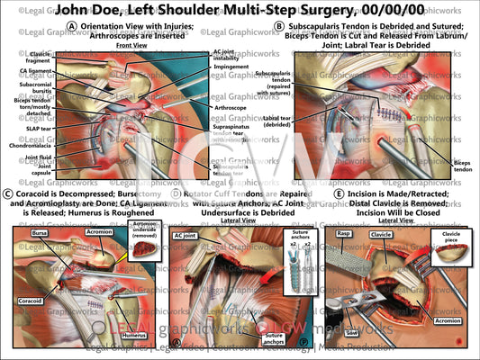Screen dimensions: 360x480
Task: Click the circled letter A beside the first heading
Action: click(x=71, y=26)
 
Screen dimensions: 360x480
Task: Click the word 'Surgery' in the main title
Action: click(x=324, y=11)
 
